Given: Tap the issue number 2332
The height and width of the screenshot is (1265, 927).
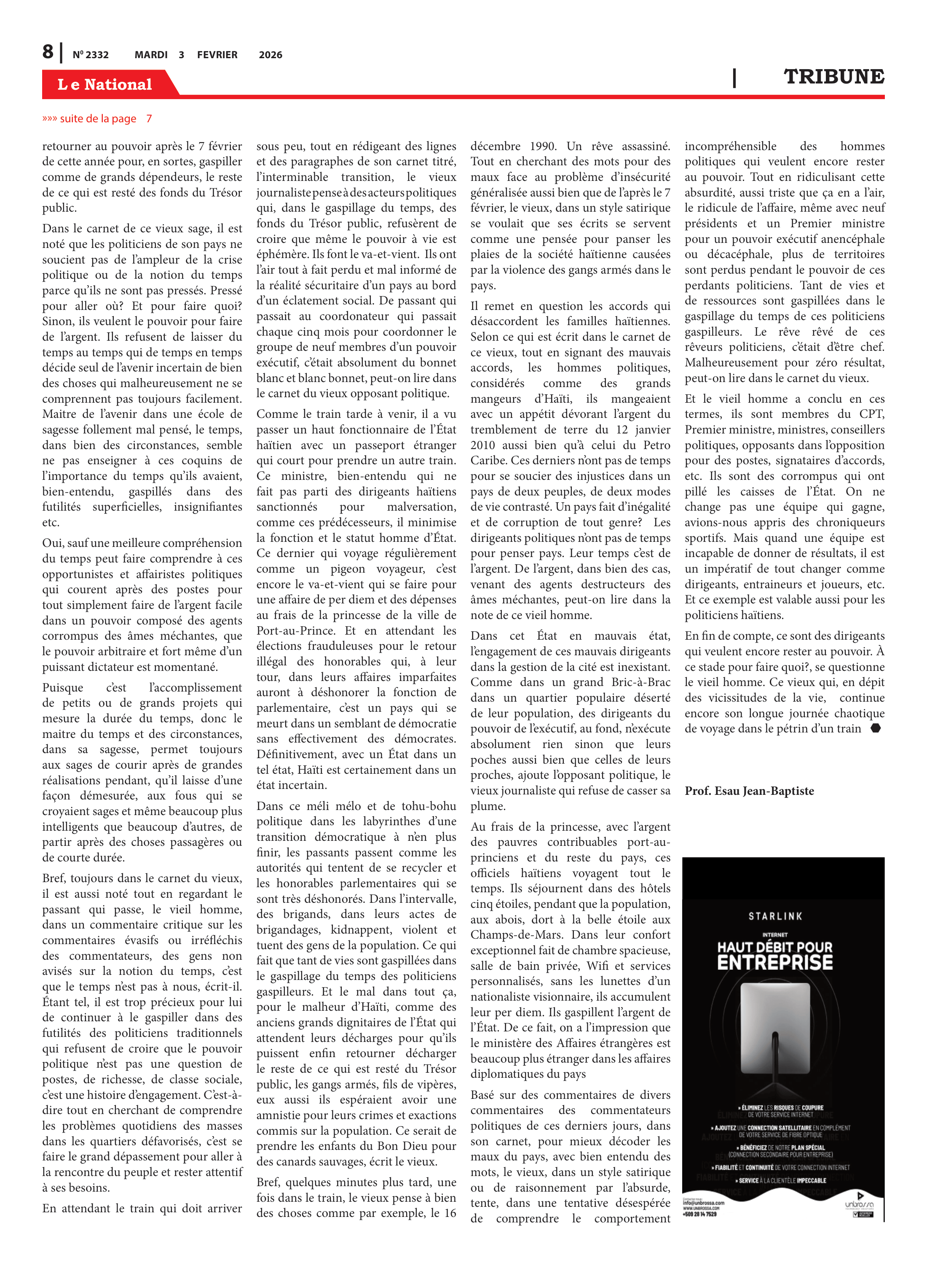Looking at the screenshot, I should pyautogui.click(x=91, y=55).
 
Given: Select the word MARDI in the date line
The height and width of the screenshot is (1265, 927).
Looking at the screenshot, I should pyautogui.click(x=151, y=55).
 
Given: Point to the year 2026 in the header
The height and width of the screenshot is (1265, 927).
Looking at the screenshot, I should pyautogui.click(x=271, y=55).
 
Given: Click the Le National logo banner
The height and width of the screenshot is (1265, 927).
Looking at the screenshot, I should pyautogui.click(x=105, y=84).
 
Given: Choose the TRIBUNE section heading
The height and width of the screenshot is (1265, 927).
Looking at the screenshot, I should pyautogui.click(x=834, y=77).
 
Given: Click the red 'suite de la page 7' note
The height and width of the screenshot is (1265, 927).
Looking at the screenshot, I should pyautogui.click(x=97, y=118).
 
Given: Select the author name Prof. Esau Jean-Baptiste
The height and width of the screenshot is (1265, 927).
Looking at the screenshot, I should pyautogui.click(x=749, y=791).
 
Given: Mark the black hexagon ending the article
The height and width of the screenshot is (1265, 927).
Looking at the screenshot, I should pyautogui.click(x=875, y=728).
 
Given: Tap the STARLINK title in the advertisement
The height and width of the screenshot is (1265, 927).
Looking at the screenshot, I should pyautogui.click(x=775, y=916).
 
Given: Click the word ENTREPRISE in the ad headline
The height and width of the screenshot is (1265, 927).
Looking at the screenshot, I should pyautogui.click(x=775, y=963).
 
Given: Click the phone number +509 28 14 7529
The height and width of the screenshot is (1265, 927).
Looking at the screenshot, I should pyautogui.click(x=700, y=1214).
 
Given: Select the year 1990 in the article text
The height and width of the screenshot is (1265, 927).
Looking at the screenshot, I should pyautogui.click(x=543, y=147).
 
